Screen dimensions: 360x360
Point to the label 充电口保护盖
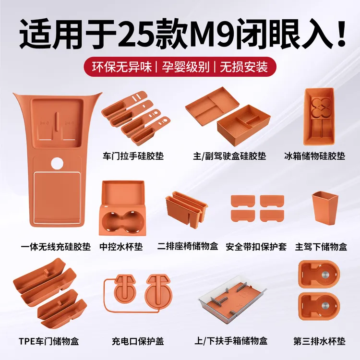pyautogui.click(x=138, y=342)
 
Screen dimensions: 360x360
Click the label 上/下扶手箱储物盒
pyautogui.click(x=232, y=342)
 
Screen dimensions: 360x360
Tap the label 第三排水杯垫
pyautogui.click(x=319, y=342)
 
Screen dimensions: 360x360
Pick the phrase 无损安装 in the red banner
pyautogui.click(x=243, y=67)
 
